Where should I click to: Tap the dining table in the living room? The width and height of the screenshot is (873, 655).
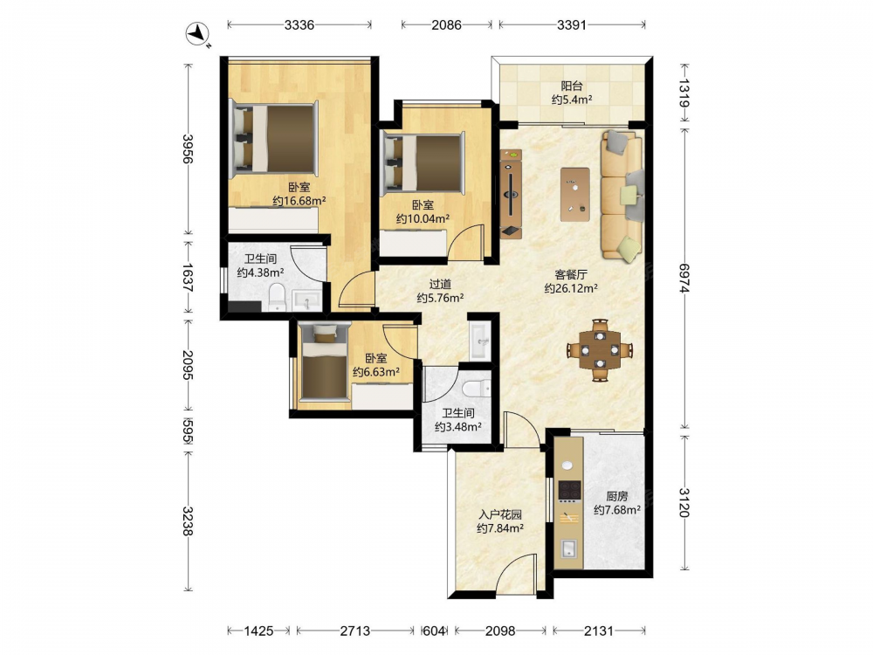pos(600,350)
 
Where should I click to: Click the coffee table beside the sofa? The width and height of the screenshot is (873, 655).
pos(575,194)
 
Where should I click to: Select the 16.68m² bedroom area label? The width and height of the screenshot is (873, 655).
pos(299,201)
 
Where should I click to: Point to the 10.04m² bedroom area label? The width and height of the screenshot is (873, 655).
pos(423,218)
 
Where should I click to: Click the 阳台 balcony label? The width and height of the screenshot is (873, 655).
pos(572,86)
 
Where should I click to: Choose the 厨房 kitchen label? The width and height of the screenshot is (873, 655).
pos(617,496)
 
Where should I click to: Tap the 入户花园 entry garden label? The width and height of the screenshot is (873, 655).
pos(500,514)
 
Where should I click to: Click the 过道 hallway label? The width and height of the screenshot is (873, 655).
pos(440,284)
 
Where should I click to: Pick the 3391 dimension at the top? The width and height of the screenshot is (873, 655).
pos(572,24)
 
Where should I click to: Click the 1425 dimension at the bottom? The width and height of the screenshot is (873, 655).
pos(258,631)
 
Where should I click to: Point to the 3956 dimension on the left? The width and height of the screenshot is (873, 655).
pos(188,149)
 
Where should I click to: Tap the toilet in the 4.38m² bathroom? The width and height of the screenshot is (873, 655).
pos(277,297)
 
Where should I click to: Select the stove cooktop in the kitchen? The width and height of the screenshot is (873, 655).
pos(569,490)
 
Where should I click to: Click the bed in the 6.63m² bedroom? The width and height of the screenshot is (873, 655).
pos(324,364)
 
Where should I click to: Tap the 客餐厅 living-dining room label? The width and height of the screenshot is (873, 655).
pos(571,274)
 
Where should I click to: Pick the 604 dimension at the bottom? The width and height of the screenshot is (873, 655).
pos(434,631)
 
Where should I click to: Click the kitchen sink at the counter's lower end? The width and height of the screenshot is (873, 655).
pos(568,548)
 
